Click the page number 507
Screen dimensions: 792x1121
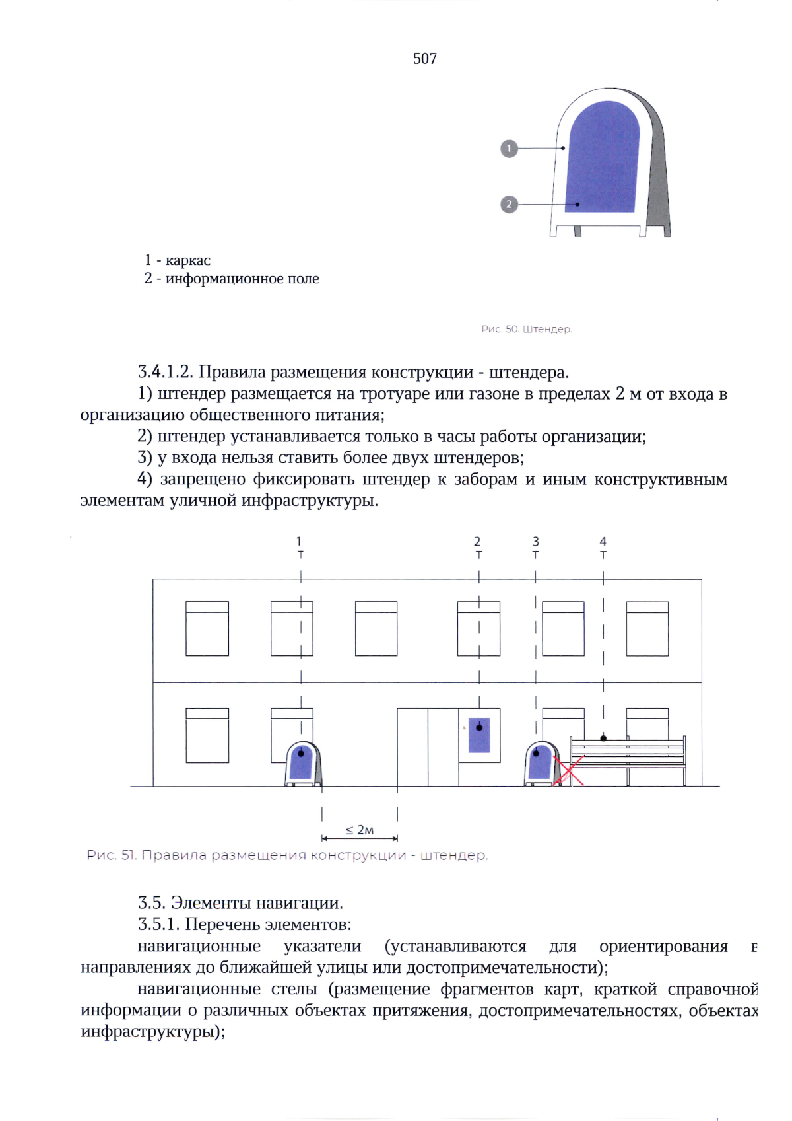pyautogui.click(x=424, y=59)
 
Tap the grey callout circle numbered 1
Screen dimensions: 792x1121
pyautogui.click(x=509, y=149)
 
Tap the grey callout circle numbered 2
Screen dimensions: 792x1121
pyautogui.click(x=509, y=205)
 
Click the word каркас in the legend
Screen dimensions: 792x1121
pyautogui.click(x=188, y=260)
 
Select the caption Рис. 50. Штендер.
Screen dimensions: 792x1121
pyautogui.click(x=526, y=329)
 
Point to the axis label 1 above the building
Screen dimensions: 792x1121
pyautogui.click(x=299, y=542)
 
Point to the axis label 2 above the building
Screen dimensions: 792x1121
pyautogui.click(x=477, y=542)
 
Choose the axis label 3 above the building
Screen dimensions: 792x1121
pyautogui.click(x=535, y=542)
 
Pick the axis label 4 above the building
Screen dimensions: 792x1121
pyautogui.click(x=603, y=542)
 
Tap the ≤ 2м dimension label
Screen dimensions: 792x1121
pyautogui.click(x=360, y=830)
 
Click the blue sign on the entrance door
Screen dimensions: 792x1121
pyautogui.click(x=479, y=735)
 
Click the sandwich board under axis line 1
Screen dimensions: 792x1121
pyautogui.click(x=302, y=765)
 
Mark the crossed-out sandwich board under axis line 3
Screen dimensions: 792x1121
pyautogui.click(x=541, y=765)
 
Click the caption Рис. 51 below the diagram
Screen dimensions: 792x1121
pyautogui.click(x=287, y=855)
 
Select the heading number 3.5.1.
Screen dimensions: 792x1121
pyautogui.click(x=158, y=924)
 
